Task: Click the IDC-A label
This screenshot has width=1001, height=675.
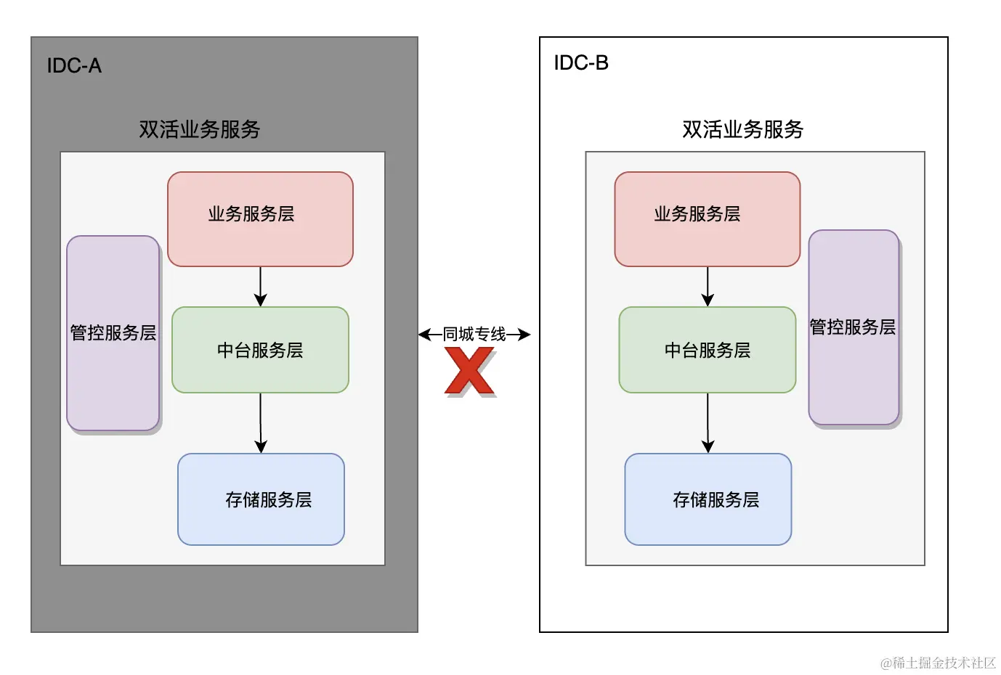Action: click(x=74, y=65)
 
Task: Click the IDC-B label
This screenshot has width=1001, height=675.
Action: click(x=581, y=62)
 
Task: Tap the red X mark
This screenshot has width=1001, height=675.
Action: click(x=470, y=371)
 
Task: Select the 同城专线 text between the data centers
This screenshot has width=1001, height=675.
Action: click(x=474, y=334)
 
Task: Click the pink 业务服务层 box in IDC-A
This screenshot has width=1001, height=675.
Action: click(x=261, y=219)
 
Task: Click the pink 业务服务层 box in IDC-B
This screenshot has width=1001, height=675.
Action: click(x=708, y=219)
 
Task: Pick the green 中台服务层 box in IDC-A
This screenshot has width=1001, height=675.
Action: click(x=261, y=350)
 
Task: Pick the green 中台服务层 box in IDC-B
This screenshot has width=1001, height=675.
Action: click(x=708, y=350)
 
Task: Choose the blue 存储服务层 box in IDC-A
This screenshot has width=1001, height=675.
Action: click(x=261, y=499)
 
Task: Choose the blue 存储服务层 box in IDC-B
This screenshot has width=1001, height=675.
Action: click(x=708, y=499)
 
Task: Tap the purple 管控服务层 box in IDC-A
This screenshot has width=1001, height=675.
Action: click(x=113, y=333)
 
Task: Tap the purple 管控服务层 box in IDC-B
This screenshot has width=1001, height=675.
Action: click(x=854, y=327)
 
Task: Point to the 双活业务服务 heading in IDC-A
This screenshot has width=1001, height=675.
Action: click(x=199, y=129)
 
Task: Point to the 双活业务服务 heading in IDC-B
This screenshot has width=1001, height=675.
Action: click(x=742, y=129)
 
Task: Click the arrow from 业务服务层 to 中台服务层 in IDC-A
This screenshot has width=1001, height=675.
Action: click(x=261, y=287)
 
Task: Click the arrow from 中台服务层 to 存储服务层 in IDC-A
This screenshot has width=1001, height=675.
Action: click(x=261, y=423)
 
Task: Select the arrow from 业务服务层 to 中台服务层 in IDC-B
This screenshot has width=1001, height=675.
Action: click(x=708, y=287)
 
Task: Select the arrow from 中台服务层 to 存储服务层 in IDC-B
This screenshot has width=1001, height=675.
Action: click(x=708, y=423)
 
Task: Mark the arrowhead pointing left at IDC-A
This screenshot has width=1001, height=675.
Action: click(x=424, y=334)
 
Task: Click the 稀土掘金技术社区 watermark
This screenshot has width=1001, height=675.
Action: click(x=938, y=663)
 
